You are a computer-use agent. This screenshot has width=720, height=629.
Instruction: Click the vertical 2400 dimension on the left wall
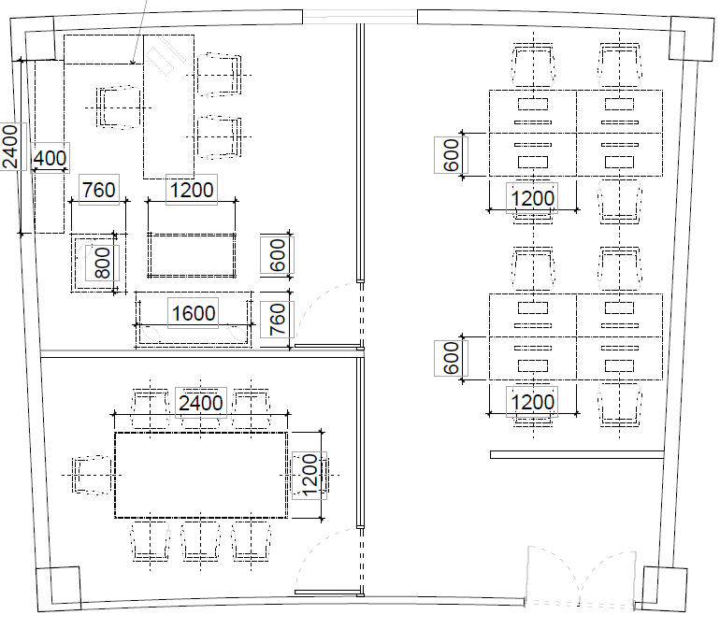coord(10,147)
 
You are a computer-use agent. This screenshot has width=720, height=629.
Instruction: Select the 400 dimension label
coord(50,158)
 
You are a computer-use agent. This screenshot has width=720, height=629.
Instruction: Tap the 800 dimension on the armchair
coord(102,263)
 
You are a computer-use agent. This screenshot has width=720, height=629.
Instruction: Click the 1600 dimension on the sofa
coord(194,313)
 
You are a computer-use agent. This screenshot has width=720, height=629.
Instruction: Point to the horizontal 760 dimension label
coord(99,190)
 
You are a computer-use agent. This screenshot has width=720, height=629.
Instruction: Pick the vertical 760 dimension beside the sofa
coord(277,320)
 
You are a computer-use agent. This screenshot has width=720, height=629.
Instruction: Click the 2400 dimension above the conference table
coord(201,403)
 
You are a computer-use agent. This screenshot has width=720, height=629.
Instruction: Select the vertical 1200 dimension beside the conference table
coord(310,476)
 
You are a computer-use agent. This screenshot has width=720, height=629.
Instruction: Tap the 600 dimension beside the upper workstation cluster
coord(451,155)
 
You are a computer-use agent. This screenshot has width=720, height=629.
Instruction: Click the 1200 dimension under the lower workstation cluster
coord(532,402)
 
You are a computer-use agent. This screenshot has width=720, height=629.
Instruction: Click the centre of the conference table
coord(201,475)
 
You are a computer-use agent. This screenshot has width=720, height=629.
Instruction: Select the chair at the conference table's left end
coord(92,475)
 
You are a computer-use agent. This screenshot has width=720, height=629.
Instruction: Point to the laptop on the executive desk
coord(165,55)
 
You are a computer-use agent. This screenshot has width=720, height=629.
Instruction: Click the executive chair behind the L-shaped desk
coord(119,107)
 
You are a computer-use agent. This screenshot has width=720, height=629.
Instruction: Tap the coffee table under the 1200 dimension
coord(192,255)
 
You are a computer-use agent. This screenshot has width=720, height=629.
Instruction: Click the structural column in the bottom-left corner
coord(59,589)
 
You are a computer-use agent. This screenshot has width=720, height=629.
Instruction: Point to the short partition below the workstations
coord(577,454)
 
